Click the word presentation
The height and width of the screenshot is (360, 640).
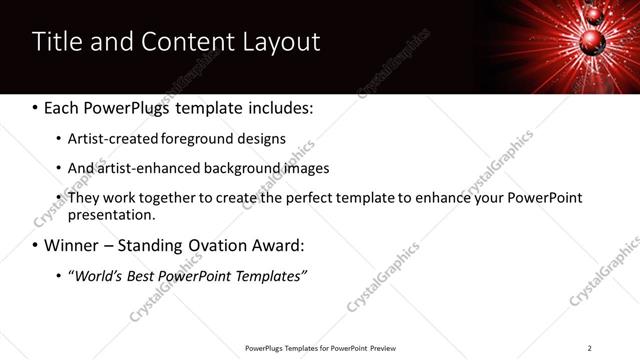[x=110, y=215]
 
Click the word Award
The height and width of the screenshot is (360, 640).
[x=276, y=245]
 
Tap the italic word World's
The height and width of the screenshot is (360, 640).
[x=96, y=275]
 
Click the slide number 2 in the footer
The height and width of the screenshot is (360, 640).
[x=589, y=348]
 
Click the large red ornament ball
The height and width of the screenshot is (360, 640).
[x=591, y=39]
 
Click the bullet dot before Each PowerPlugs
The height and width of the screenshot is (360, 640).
[x=36, y=107]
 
